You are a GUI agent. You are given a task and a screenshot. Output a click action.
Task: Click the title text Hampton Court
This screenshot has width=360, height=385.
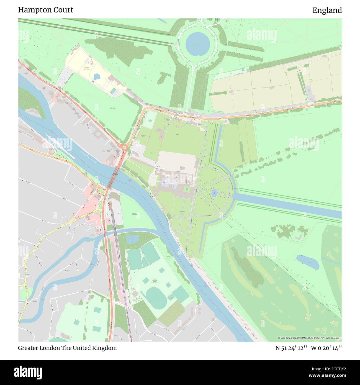click(x=46, y=10)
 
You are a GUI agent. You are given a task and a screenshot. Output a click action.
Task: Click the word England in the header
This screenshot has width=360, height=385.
click(x=327, y=11)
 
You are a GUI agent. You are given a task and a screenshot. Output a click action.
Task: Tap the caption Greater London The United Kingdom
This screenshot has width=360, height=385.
click(x=67, y=348)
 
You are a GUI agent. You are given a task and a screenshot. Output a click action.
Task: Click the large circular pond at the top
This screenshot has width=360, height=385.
click(x=197, y=44)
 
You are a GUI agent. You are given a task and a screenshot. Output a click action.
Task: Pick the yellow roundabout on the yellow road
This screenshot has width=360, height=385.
click(x=74, y=220)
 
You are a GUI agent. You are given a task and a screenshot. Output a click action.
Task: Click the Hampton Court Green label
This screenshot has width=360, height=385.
click(x=112, y=107)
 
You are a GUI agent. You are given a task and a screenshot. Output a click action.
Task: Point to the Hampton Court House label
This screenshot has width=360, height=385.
click(x=86, y=68)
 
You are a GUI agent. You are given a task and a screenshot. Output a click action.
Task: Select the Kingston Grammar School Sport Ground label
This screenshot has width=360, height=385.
click(x=156, y=281)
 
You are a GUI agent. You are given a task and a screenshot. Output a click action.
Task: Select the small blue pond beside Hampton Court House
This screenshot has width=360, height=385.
click(x=97, y=77)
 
